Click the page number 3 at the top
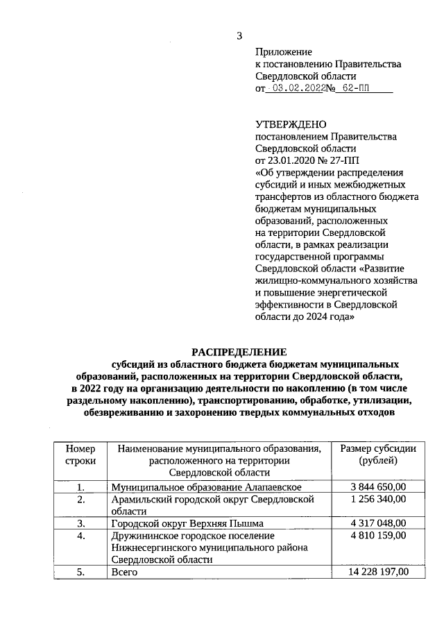tap(239, 35)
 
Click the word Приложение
tap(284, 52)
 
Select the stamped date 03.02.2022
tap(300, 89)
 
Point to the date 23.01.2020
tap(291, 160)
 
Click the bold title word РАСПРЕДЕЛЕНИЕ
tap(238, 352)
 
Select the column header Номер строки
tap(80, 455)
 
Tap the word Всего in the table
tap(124, 572)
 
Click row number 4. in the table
tap(80, 536)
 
